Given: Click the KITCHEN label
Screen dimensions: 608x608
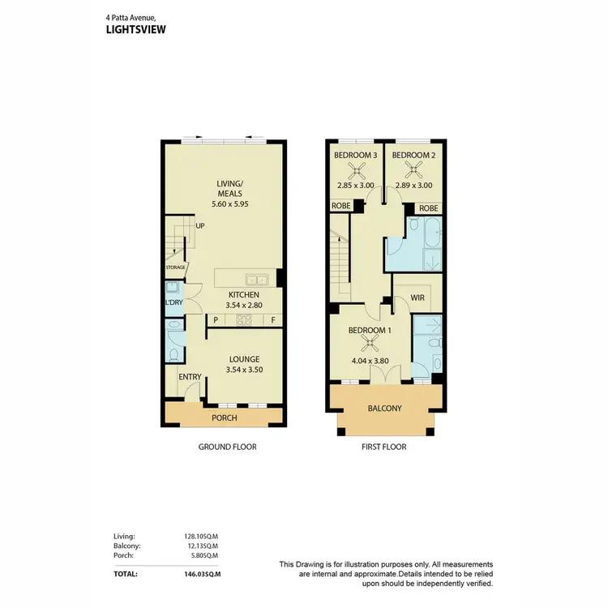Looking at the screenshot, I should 243,294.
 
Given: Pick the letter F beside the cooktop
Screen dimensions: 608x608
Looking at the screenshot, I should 273,320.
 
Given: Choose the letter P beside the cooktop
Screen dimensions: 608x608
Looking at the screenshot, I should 215,320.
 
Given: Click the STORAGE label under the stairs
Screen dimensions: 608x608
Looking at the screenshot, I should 176,267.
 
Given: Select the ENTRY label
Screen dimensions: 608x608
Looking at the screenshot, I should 189,376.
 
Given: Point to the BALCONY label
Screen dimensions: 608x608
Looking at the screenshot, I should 385,409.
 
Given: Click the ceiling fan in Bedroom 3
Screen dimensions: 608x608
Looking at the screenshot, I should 354,169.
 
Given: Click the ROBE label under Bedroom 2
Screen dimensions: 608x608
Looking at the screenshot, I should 429,208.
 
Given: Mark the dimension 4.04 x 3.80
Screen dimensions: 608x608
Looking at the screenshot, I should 370,362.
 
